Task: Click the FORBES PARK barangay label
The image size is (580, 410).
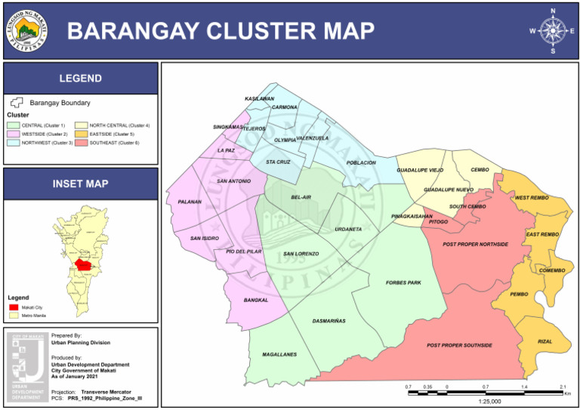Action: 403,283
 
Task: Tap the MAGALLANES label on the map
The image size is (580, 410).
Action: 279,354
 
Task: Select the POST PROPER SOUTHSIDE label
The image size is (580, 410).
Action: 459,345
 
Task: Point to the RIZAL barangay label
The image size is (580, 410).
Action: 545,341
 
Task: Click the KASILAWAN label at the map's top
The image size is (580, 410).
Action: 259,99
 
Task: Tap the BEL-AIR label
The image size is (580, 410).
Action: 301,197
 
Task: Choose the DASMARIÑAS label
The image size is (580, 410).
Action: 329,321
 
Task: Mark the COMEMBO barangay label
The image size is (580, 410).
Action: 551,270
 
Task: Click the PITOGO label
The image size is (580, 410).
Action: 438,222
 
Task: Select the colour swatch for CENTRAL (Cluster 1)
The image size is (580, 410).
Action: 13,125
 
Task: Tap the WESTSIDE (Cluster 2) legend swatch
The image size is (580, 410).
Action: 13,134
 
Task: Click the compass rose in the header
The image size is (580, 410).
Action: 553,31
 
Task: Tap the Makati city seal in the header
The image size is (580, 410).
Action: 29,30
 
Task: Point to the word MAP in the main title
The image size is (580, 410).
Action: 339,31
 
